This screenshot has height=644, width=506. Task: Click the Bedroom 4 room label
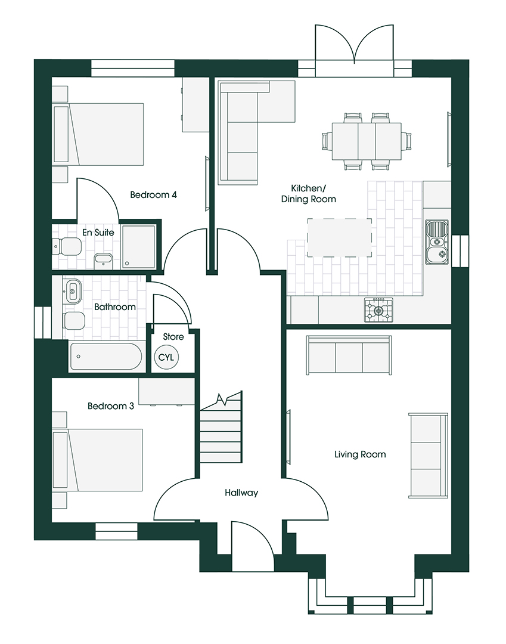tap(154, 194)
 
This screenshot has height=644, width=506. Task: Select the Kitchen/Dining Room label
tap(308, 194)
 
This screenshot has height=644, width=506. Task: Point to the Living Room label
tap(359, 454)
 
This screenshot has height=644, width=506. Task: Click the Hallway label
tap(241, 493)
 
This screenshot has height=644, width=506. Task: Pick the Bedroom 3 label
tap(110, 406)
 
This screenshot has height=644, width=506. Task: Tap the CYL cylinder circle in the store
tap(165, 357)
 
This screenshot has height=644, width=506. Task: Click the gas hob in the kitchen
tap(379, 309)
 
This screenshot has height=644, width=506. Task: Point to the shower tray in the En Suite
tap(138, 246)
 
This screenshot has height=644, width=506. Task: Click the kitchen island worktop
tap(339, 237)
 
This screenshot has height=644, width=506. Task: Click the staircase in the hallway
tap(221, 432)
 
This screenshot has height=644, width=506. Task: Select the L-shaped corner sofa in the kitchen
tap(244, 131)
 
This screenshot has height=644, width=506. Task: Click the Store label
tap(173, 337)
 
